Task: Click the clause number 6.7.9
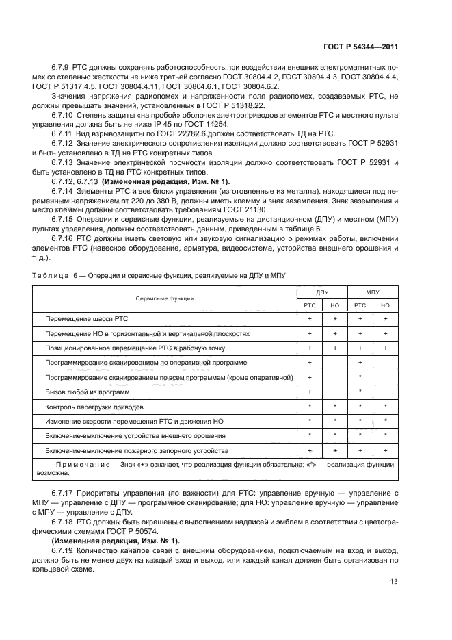pos(62,69)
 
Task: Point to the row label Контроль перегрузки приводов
pos(90,407)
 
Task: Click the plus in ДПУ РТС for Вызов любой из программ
pos(310,392)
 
